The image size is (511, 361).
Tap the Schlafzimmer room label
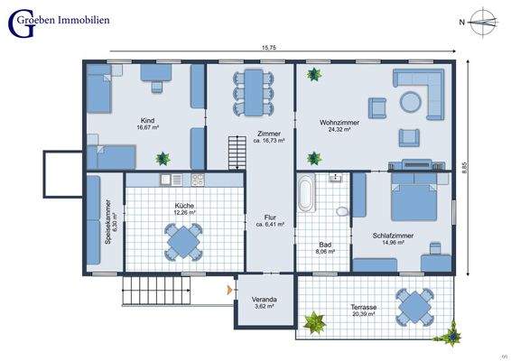pos(391,235)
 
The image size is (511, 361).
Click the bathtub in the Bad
pos(307,196)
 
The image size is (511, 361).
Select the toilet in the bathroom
pos(342,210)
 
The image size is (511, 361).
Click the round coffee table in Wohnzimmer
pos(412,101)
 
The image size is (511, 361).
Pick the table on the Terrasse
pos(414,306)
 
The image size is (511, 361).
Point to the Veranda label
pos(264,300)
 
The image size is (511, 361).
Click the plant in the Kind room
pos(163,160)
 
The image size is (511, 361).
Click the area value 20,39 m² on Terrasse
pos(364,315)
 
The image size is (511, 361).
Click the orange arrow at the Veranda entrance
pos(229,289)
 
